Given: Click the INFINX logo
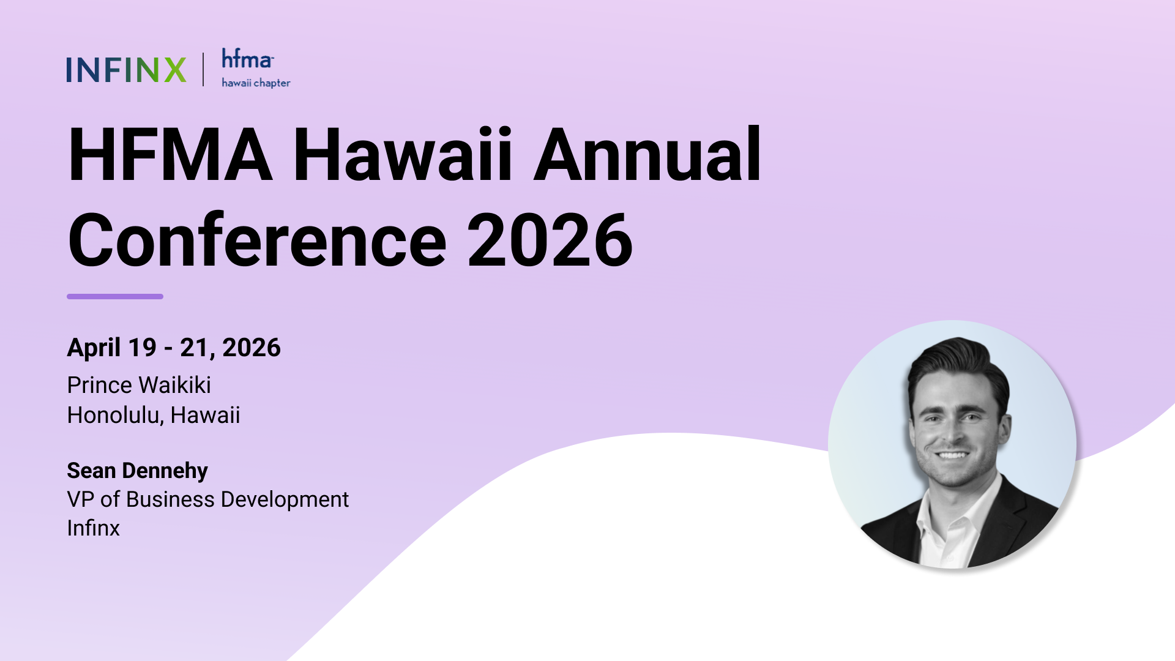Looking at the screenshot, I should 126,70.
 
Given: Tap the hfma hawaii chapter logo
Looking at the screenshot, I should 255,69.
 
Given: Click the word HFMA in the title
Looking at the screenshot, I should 170,154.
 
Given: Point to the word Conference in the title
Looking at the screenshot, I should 257,240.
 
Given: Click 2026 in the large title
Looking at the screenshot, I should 550,240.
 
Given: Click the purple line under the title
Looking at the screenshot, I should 115,297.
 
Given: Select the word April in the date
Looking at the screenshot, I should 94,348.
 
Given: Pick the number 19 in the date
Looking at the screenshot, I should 142,348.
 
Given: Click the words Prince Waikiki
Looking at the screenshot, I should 139,386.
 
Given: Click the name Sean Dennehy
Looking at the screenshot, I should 137,471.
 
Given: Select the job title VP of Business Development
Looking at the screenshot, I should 207,499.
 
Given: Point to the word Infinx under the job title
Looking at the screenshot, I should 93,528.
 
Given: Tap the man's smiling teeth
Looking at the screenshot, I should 952,455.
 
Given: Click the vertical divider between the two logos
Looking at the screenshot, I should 203,69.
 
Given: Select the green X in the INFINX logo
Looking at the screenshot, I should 175,70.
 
